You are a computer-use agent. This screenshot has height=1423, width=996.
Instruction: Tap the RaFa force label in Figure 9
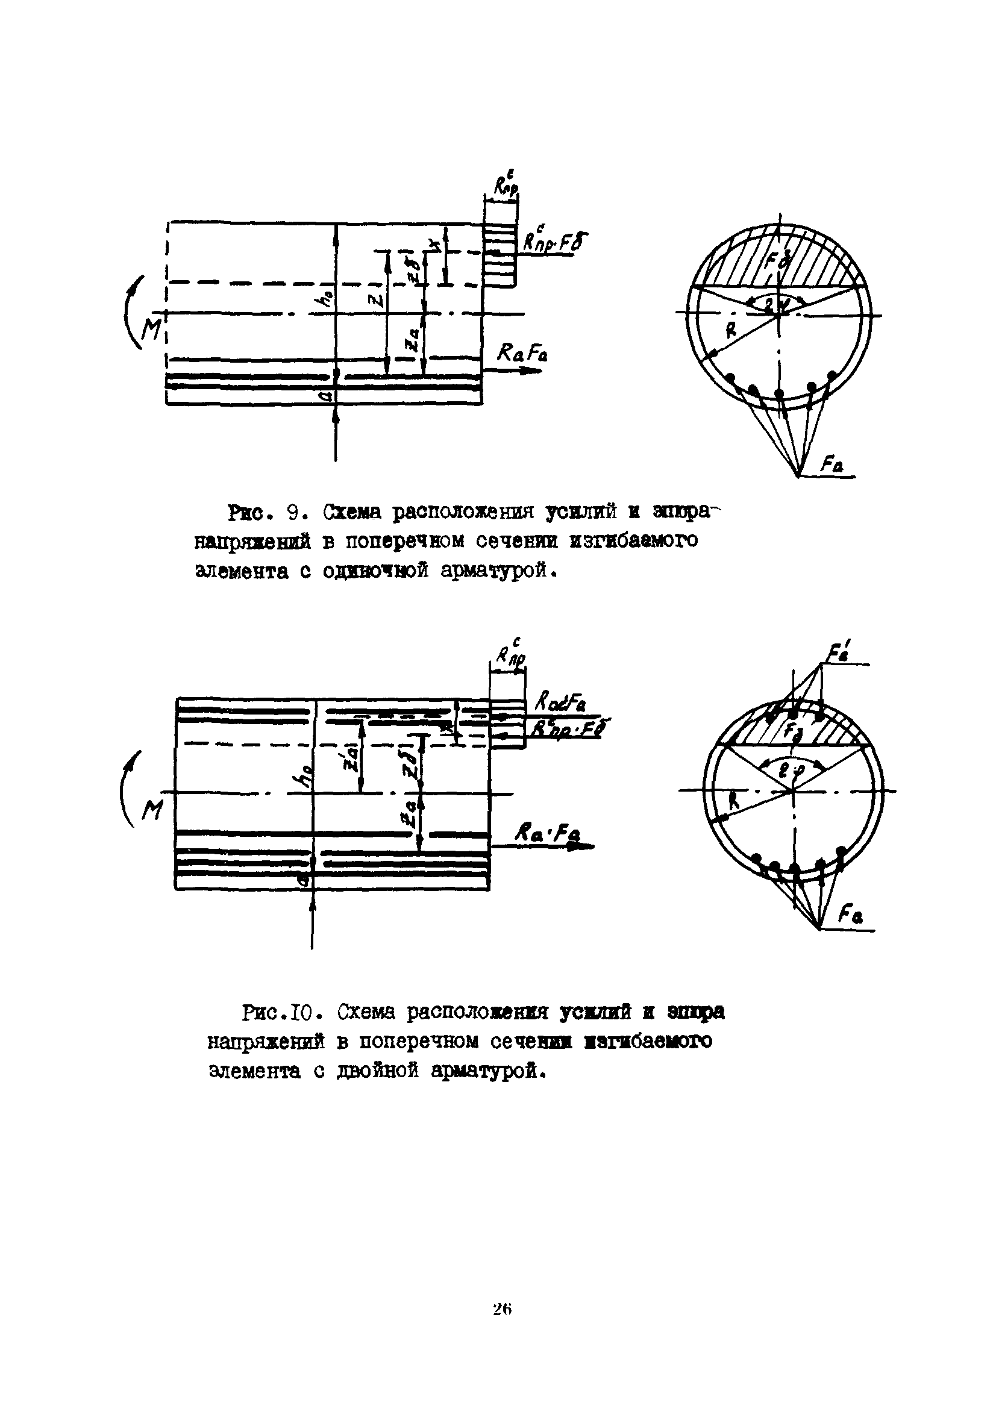(x=522, y=354)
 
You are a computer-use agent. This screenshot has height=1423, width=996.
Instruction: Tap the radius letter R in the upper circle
(x=731, y=331)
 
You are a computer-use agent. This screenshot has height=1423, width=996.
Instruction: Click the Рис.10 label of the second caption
(x=281, y=1013)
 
